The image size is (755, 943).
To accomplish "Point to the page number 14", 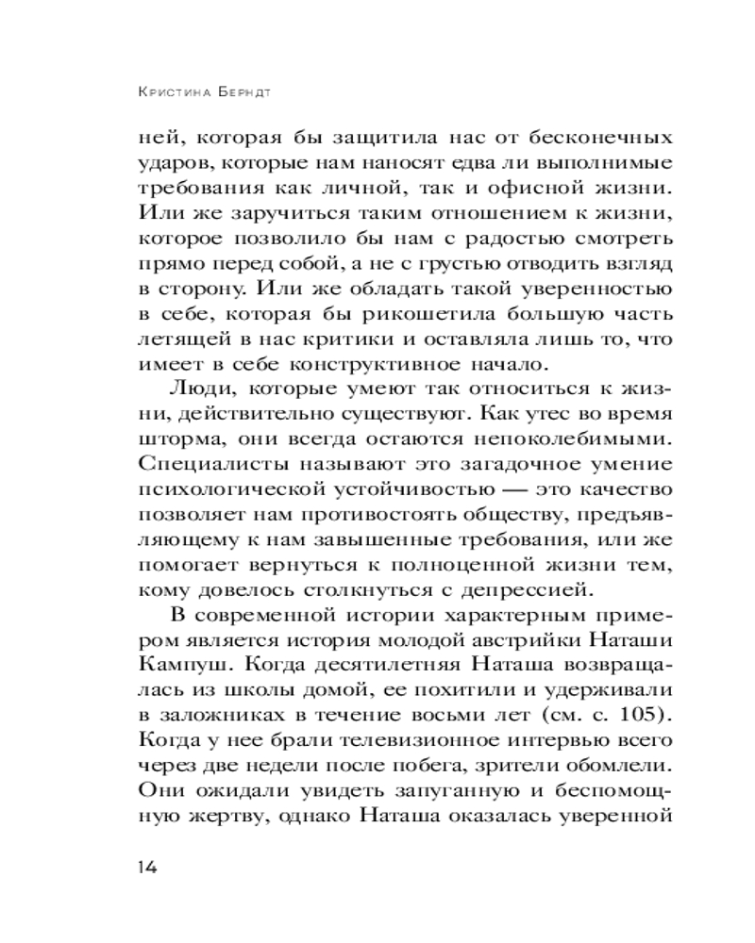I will pyautogui.click(x=152, y=868).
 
